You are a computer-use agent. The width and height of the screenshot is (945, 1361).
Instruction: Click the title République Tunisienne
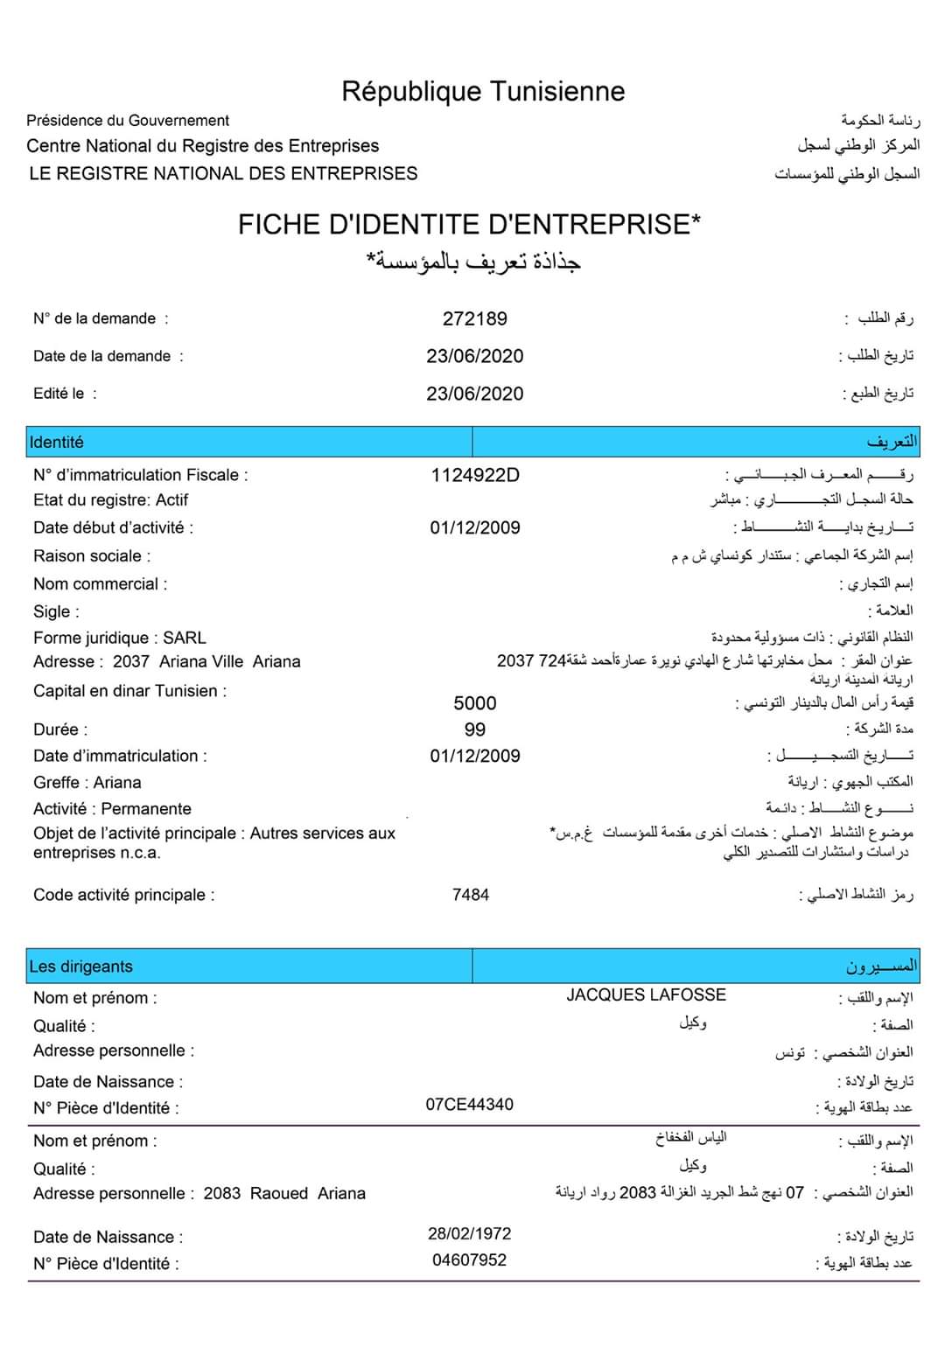tap(483, 91)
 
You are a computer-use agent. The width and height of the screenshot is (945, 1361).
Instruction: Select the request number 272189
tap(474, 318)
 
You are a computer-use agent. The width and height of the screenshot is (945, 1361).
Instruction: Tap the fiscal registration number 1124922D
tap(474, 475)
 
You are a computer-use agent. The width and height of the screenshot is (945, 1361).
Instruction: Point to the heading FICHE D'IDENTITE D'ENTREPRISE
tap(469, 225)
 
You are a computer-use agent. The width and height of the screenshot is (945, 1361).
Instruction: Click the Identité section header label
tap(57, 443)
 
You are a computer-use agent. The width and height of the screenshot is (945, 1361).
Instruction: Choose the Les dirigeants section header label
tap(81, 967)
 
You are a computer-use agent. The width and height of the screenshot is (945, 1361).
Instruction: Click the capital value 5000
tap(474, 703)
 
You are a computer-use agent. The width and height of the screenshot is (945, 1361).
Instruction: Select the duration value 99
tap(474, 729)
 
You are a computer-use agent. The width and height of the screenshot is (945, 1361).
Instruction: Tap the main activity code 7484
tap(470, 895)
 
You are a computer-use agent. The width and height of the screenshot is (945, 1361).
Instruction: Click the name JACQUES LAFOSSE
tap(646, 995)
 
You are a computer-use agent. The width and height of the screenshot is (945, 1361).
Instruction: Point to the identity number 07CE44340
tap(469, 1104)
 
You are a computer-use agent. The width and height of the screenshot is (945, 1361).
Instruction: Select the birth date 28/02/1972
tap(469, 1233)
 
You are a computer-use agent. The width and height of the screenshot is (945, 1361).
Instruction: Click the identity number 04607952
tap(469, 1260)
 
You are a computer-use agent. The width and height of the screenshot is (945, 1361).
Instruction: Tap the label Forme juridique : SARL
tap(120, 638)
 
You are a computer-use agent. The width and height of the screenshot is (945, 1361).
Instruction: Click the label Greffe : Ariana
tap(87, 782)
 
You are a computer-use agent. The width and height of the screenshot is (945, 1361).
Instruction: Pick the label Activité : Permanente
tap(112, 808)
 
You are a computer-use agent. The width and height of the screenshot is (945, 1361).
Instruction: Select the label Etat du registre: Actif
tap(110, 499)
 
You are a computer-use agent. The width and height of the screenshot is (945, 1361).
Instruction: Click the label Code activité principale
tap(123, 895)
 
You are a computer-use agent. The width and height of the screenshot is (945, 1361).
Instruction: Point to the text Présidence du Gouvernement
tap(128, 121)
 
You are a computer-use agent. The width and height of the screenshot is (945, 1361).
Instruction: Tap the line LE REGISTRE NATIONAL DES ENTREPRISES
tap(223, 173)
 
